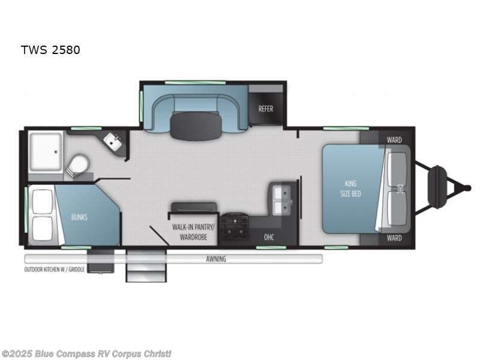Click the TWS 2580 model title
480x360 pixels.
50,50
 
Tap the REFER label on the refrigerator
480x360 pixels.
266,109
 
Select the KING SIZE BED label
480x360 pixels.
352,188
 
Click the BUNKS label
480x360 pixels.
79,217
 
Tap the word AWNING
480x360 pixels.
216,259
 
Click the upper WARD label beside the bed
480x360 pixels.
394,140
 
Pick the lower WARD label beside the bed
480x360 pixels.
394,238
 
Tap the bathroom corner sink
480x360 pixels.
113,142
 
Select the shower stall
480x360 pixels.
46,150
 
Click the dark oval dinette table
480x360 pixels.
196,125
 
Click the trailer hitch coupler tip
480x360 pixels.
467,188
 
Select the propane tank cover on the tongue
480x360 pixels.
438,187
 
